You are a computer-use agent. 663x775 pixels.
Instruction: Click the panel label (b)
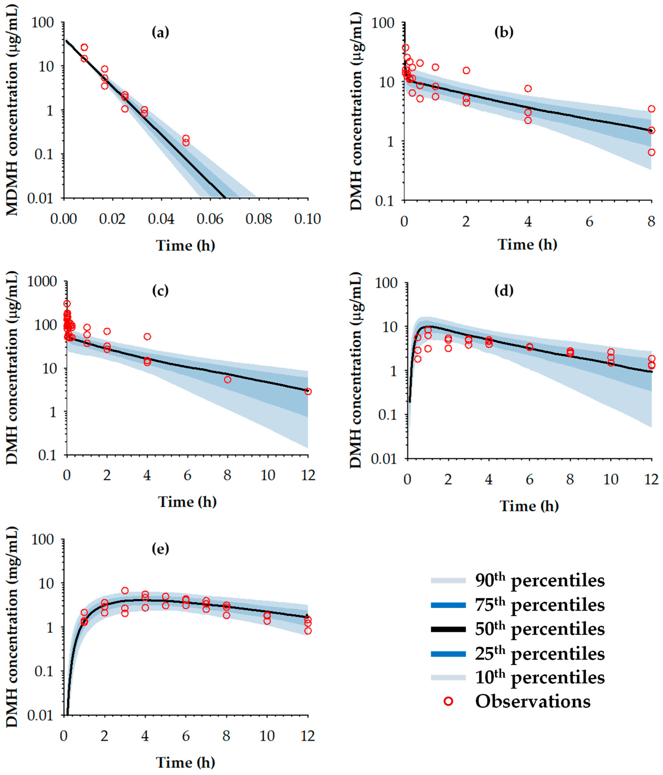click(x=504, y=33)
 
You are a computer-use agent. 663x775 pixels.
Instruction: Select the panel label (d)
click(x=504, y=290)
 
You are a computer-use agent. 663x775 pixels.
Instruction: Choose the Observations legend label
click(x=533, y=701)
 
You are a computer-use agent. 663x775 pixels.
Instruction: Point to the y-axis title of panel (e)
click(x=12, y=643)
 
